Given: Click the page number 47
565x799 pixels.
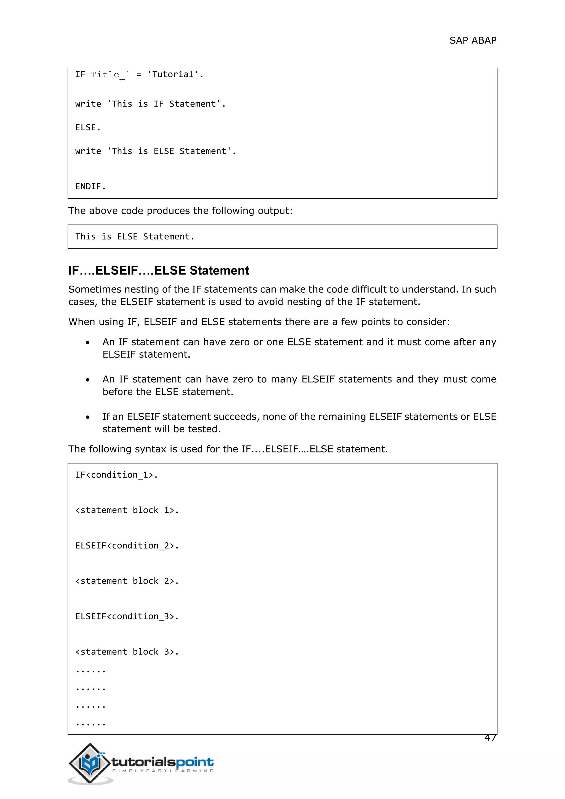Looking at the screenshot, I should (x=490, y=737).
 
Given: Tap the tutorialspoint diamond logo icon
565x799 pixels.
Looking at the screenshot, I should (x=90, y=763).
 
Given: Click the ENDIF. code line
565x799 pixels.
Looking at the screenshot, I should (x=90, y=187).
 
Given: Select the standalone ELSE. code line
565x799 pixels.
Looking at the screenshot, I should (x=88, y=127).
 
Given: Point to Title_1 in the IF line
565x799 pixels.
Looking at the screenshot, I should (x=110, y=74).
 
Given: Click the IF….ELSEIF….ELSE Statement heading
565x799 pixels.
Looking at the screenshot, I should (x=158, y=270).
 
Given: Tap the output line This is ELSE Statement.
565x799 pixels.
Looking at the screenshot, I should (x=135, y=237).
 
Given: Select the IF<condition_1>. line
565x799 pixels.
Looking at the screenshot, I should (x=116, y=475).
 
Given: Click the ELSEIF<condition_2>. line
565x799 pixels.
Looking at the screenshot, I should (x=127, y=546).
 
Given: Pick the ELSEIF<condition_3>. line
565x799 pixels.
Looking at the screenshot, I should (x=127, y=616).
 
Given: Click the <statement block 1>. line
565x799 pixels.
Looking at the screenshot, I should (x=127, y=510).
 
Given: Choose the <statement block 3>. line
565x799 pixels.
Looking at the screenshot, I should (x=127, y=652).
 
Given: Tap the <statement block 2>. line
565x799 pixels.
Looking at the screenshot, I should (x=127, y=581).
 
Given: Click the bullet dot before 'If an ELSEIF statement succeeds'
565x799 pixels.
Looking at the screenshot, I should (x=88, y=417).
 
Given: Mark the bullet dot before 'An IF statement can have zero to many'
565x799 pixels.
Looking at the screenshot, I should (x=88, y=380).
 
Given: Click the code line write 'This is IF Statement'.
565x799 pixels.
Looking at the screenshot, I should (x=150, y=104).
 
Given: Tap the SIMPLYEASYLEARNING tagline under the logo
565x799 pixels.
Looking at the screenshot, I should (x=162, y=771).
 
